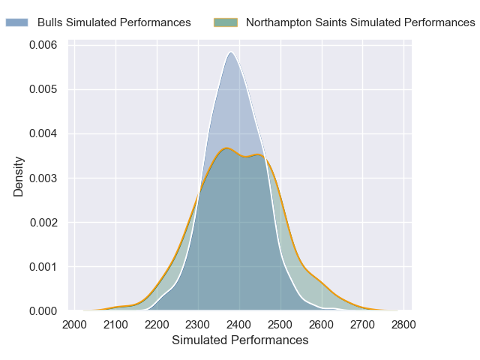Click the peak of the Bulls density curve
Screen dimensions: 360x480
pyautogui.click(x=231, y=52)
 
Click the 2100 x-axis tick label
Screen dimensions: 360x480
pyautogui.click(x=115, y=324)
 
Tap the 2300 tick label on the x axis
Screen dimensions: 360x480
pyautogui.click(x=198, y=324)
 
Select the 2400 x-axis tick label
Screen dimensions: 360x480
pyautogui.click(x=239, y=324)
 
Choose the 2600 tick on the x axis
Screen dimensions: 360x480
pyautogui.click(x=321, y=324)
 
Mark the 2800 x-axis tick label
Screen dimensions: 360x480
pyautogui.click(x=403, y=324)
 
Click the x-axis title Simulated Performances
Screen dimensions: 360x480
pyautogui.click(x=240, y=340)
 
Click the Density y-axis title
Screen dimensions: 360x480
pyautogui.click(x=19, y=177)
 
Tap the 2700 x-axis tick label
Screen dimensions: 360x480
pyautogui.click(x=362, y=324)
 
